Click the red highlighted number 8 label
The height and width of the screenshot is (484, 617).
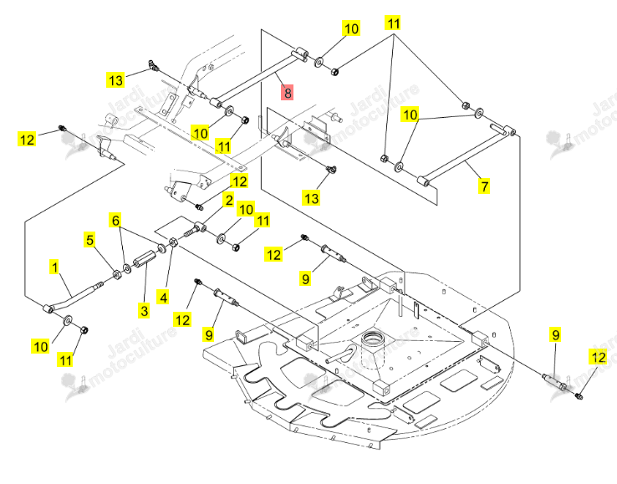click(288, 92)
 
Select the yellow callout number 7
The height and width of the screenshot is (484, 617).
click(484, 186)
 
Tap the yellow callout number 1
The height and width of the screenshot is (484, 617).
click(54, 267)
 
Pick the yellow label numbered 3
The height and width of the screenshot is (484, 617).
click(145, 310)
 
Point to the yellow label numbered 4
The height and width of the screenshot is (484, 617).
click(163, 297)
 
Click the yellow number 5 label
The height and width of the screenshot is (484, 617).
click(90, 240)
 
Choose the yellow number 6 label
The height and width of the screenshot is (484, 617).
click(115, 221)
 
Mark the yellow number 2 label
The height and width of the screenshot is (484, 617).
click(229, 200)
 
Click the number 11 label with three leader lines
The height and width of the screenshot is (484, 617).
click(393, 23)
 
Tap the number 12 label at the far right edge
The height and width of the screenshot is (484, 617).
click(598, 357)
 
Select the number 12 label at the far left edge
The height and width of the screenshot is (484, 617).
click(27, 140)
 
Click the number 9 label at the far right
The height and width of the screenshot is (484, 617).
click(556, 335)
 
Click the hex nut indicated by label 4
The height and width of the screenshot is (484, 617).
click(172, 242)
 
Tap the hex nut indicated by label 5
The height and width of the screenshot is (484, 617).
click(117, 275)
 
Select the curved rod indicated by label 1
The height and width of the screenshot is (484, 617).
click(73, 295)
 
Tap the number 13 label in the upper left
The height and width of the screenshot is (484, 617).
click(115, 80)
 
